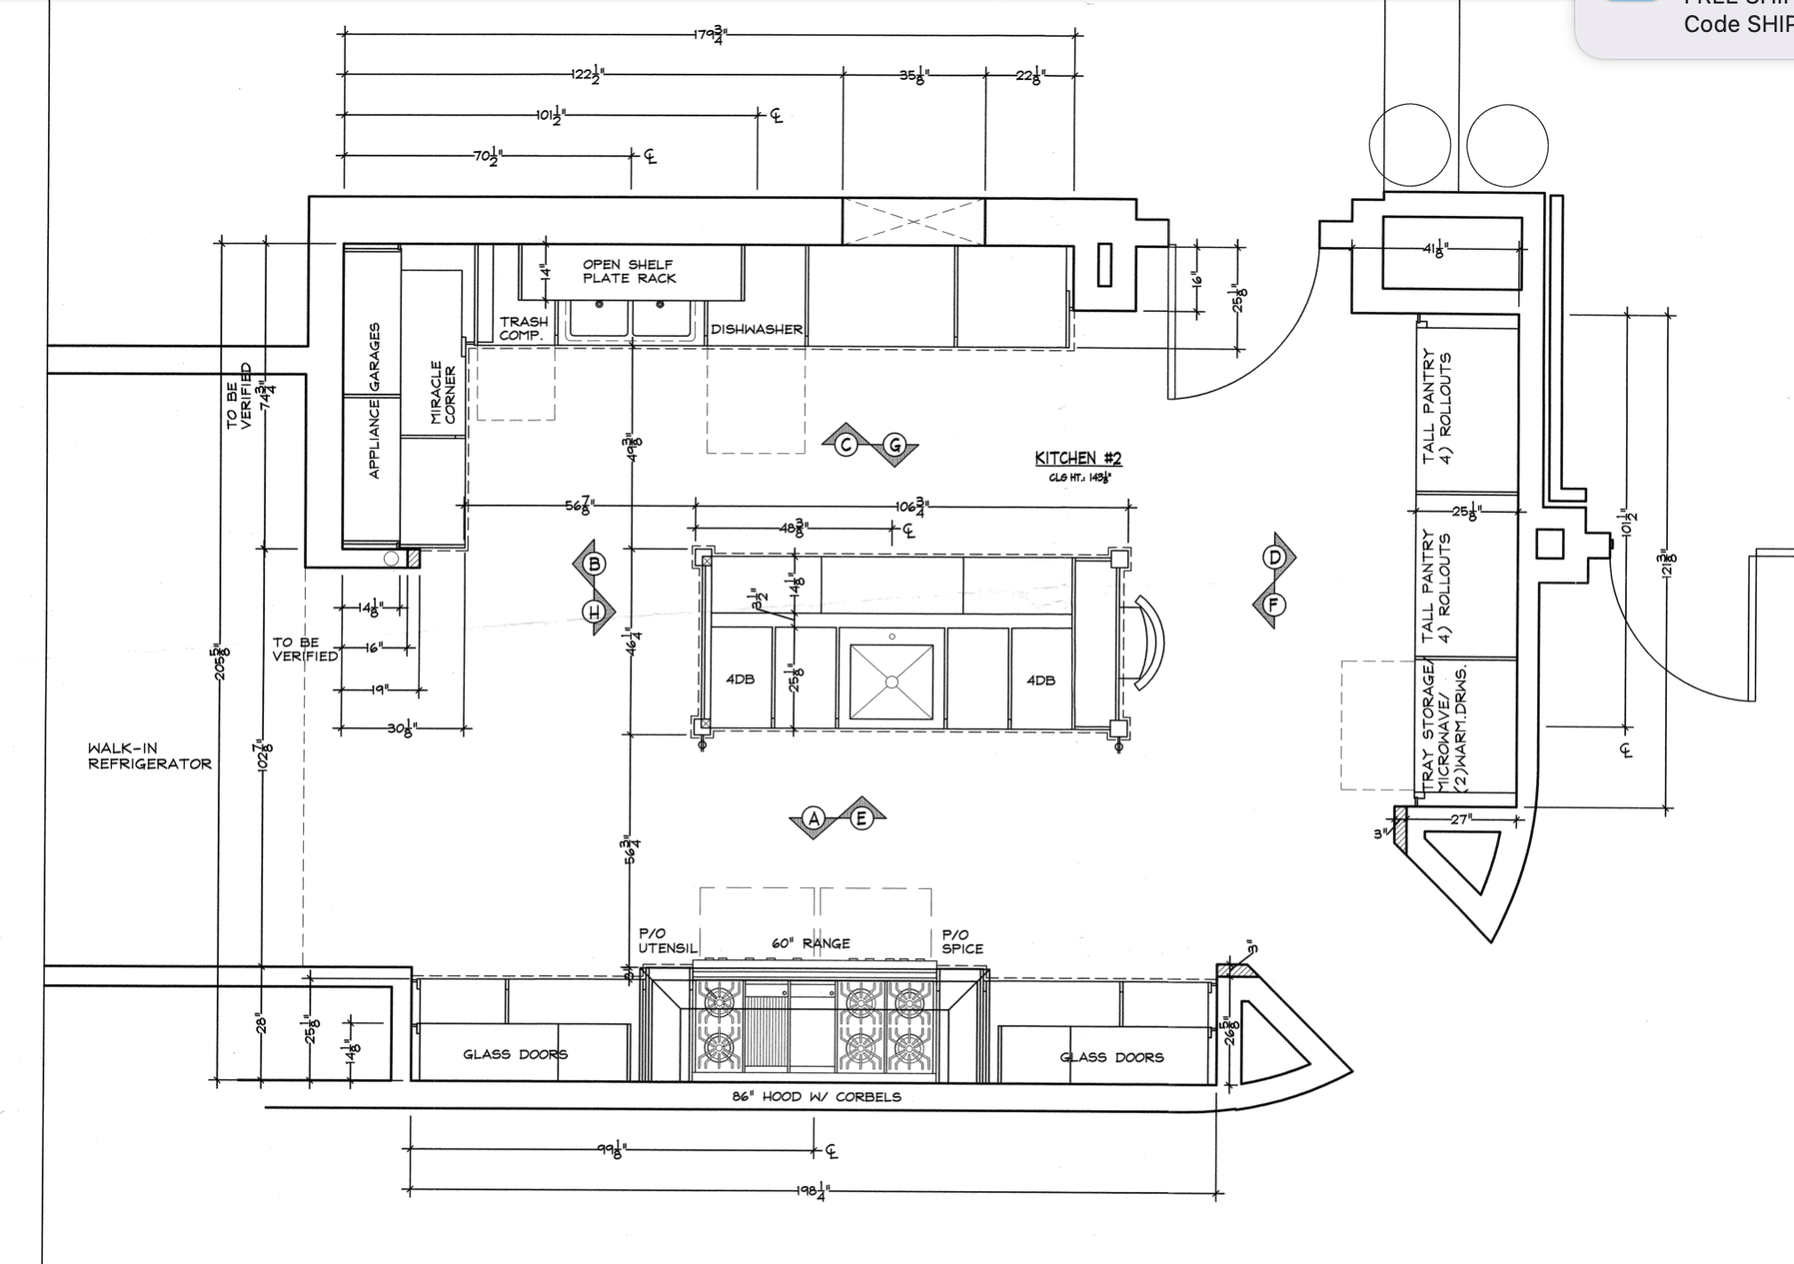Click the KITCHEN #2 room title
coord(1077,459)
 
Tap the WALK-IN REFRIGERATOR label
coord(149,756)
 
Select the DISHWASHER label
coord(756,330)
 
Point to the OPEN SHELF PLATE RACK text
coord(629,271)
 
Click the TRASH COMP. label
coord(523,328)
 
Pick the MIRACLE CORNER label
coord(443,392)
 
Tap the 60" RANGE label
coord(811,943)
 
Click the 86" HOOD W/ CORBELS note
coord(816,1097)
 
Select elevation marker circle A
coord(813,819)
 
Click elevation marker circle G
coord(895,445)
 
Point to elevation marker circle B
coord(595,564)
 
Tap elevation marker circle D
coord(1275,557)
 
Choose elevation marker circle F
coord(1274,605)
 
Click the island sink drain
coord(892,682)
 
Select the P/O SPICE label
coord(962,941)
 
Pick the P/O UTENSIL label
coord(667,940)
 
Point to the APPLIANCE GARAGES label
coord(374,400)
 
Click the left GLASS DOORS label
coord(515,1054)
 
